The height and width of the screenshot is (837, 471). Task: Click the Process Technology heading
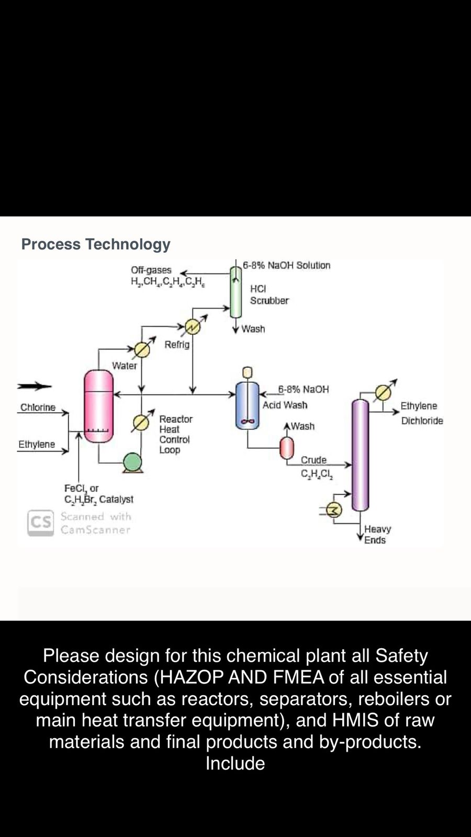click(96, 244)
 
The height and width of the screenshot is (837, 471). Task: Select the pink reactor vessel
click(98, 406)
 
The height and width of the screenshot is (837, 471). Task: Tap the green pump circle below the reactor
click(132, 462)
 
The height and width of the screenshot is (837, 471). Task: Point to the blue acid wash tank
click(247, 406)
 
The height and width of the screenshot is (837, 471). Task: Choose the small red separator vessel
click(287, 447)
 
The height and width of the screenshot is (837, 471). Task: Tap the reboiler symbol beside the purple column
click(333, 510)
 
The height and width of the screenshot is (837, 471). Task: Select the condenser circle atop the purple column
click(383, 392)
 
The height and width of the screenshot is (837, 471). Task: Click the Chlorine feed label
click(38, 408)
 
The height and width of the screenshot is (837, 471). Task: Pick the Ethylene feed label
click(37, 444)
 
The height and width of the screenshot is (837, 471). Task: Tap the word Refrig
click(177, 345)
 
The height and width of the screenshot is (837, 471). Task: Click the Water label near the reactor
click(125, 366)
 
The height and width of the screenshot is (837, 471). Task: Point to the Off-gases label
click(151, 270)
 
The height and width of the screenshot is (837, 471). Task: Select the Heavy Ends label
click(377, 535)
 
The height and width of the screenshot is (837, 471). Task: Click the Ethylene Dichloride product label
click(421, 413)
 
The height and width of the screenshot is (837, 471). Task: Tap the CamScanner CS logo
click(41, 523)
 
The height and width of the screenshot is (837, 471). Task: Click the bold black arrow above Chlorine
click(35, 387)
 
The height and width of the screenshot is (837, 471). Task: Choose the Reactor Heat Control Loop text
click(176, 434)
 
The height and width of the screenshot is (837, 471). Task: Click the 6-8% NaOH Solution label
click(286, 265)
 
